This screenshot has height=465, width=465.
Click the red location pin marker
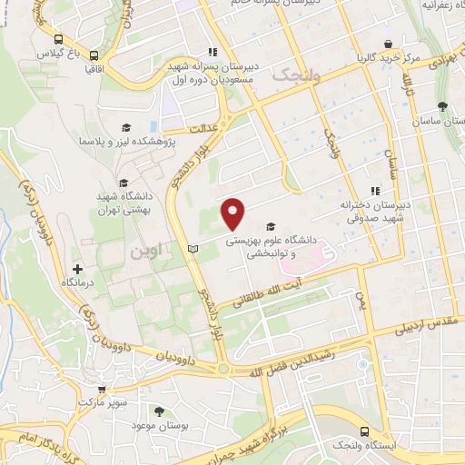(x=233, y=213)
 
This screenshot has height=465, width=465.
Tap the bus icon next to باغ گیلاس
(x=59, y=40)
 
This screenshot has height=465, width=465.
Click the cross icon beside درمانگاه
(x=77, y=269)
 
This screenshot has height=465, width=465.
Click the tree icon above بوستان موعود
(x=161, y=411)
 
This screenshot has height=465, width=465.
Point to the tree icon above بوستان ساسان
(x=442, y=106)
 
